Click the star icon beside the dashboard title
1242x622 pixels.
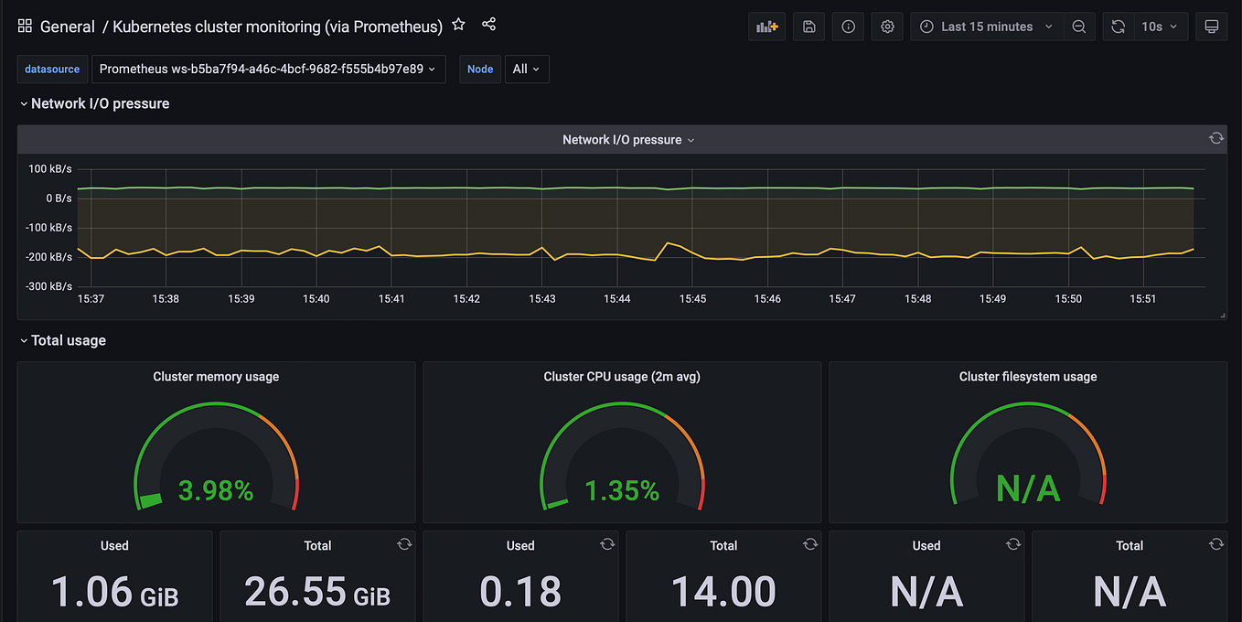point(459,26)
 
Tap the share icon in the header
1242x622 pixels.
point(488,26)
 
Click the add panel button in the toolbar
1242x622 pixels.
point(766,27)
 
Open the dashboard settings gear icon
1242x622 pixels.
point(887,27)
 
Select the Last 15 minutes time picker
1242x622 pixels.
point(986,27)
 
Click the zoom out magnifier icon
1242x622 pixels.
point(1079,27)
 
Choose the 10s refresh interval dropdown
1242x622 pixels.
point(1160,27)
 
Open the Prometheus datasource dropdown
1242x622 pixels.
point(268,69)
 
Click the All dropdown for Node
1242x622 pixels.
point(526,69)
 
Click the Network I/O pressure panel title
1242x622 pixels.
point(622,140)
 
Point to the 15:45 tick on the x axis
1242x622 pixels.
point(692,299)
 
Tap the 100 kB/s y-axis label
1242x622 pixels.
point(50,169)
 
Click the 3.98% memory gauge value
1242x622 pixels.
point(216,491)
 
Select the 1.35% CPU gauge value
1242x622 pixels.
point(622,491)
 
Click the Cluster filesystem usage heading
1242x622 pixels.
point(1027,377)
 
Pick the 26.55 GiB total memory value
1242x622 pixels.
point(316,592)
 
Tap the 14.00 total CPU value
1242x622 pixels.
point(723,592)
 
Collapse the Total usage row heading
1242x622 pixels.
point(68,340)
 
